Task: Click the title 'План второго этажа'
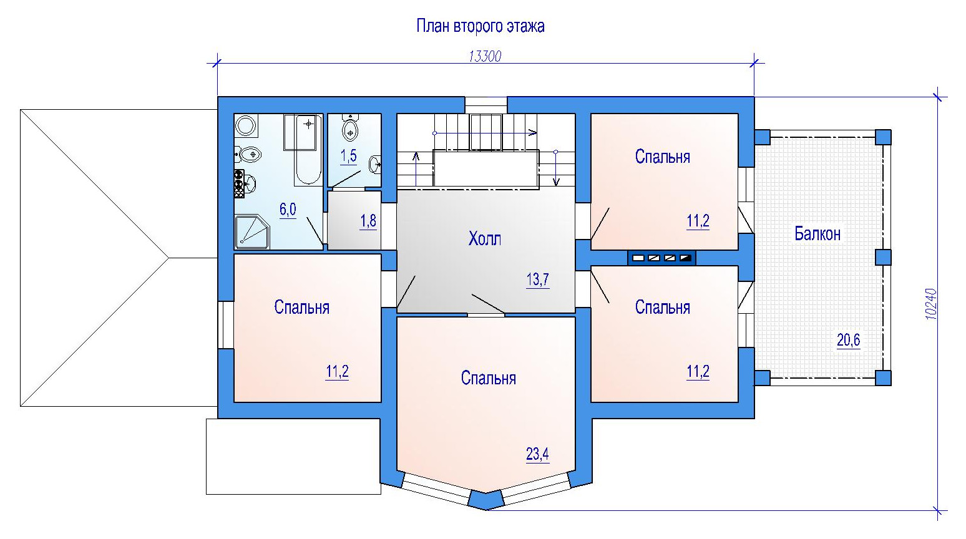(x=481, y=26)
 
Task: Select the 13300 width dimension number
(x=485, y=57)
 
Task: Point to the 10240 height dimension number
(x=931, y=304)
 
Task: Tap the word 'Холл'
(x=485, y=238)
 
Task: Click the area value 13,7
(x=538, y=279)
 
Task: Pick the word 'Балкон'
(x=817, y=234)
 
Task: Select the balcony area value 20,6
(x=848, y=340)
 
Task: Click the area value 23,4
(x=537, y=454)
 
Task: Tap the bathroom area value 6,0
(x=288, y=210)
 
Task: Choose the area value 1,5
(x=348, y=156)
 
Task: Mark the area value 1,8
(x=368, y=221)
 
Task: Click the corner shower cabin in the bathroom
(x=252, y=232)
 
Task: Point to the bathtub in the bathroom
(x=308, y=149)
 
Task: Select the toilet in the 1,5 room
(x=349, y=128)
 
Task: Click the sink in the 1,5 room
(x=375, y=164)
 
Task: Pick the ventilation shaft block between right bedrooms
(x=661, y=258)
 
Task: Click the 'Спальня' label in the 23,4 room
(x=488, y=378)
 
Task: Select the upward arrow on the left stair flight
(x=416, y=169)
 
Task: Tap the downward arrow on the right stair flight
(x=556, y=168)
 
